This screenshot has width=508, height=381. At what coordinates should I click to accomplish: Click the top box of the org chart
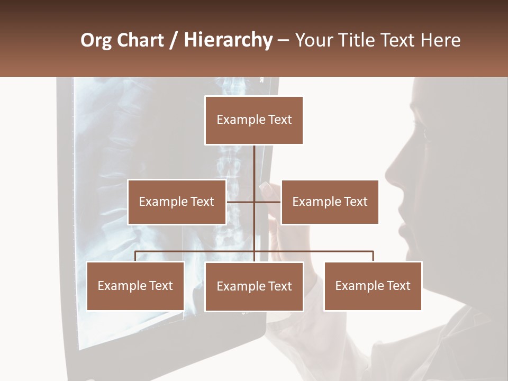pyautogui.click(x=254, y=120)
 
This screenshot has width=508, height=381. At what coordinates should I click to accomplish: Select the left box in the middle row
pyautogui.click(x=177, y=202)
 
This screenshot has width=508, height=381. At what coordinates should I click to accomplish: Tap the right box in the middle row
pyautogui.click(x=330, y=202)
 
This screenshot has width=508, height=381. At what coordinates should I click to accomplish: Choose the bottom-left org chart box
pyautogui.click(x=135, y=286)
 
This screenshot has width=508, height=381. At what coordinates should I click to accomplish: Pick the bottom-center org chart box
pyautogui.click(x=254, y=286)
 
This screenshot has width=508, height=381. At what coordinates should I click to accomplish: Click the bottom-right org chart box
pyautogui.click(x=373, y=286)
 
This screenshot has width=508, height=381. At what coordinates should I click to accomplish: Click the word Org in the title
pyautogui.click(x=96, y=40)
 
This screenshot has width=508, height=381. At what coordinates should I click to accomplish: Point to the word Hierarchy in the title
pyautogui.click(x=228, y=40)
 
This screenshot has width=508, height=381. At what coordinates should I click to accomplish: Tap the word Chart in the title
pyautogui.click(x=140, y=40)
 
